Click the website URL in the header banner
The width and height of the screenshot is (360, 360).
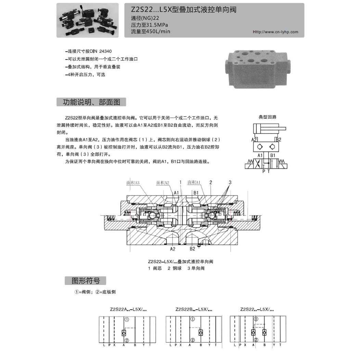(x=275, y=32)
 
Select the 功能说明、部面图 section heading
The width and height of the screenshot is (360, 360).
(x=91, y=102)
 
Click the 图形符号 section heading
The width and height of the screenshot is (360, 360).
(x=86, y=281)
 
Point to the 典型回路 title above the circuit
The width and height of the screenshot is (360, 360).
(x=267, y=117)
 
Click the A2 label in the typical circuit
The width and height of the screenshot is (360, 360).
(x=254, y=140)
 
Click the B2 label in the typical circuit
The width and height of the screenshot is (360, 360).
(x=279, y=140)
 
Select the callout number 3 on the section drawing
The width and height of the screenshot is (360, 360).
(x=230, y=182)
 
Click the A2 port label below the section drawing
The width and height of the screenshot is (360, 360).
(x=173, y=249)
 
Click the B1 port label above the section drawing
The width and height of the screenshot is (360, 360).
(x=196, y=193)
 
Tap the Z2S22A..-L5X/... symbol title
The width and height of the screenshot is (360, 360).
(x=128, y=309)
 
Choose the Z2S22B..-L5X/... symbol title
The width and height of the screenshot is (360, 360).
(x=194, y=309)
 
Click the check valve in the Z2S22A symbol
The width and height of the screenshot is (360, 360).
(x=124, y=333)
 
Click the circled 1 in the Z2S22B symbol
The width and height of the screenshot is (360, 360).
(x=192, y=320)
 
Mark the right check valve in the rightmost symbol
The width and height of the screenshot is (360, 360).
(x=264, y=332)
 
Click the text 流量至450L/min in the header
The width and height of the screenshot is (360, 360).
(x=151, y=31)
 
